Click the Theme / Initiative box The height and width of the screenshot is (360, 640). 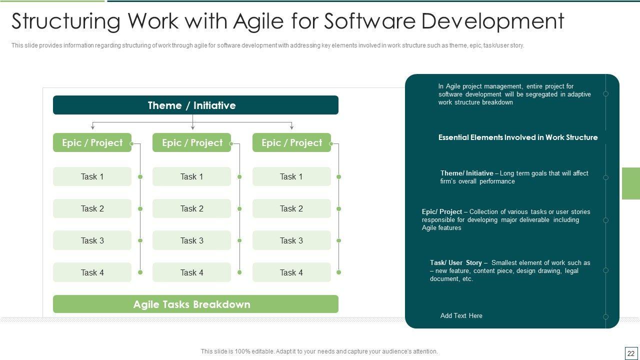click(x=195, y=105)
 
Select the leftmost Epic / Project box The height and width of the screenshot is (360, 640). click(x=92, y=142)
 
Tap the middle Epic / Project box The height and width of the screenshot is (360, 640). click(x=191, y=142)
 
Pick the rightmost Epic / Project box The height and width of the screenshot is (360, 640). click(x=291, y=142)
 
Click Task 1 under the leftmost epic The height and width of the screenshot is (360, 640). click(x=92, y=176)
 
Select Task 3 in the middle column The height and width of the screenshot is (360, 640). click(x=191, y=240)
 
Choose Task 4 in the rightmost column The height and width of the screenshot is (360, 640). click(x=291, y=272)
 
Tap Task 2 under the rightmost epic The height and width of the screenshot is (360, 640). click(x=291, y=208)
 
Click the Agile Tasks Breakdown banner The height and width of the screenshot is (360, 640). click(x=195, y=304)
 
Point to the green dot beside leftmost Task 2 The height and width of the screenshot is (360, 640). click(x=140, y=209)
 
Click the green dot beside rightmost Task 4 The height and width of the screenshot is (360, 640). click(x=339, y=272)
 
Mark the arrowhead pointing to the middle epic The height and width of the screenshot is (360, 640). click(x=193, y=127)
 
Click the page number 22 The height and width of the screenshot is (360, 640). click(x=631, y=353)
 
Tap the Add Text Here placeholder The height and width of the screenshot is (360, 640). click(x=461, y=315)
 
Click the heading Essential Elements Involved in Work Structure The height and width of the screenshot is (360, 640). click(x=518, y=137)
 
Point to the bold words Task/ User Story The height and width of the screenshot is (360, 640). click(x=455, y=263)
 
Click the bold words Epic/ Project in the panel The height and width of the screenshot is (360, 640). click(x=441, y=211)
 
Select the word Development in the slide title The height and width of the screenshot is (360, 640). click(x=492, y=21)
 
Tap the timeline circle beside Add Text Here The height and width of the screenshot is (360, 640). click(x=605, y=316)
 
